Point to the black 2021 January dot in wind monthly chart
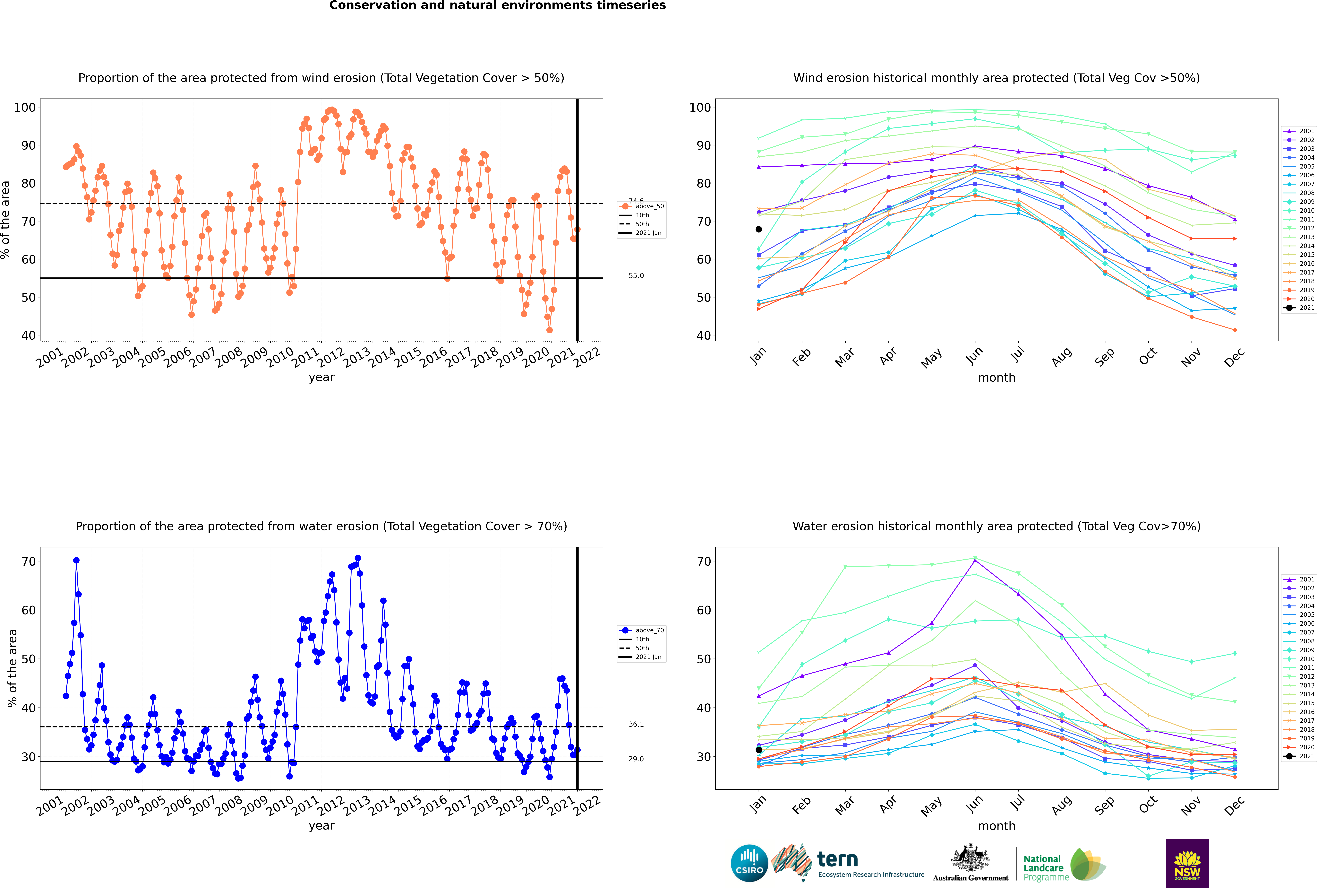pos(759,229)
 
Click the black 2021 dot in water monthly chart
pos(759,750)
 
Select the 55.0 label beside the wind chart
pos(636,276)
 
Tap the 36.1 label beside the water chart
pos(636,724)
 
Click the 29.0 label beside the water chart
pos(636,759)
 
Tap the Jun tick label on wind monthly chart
pos(974,356)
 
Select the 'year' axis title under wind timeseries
pos(321,377)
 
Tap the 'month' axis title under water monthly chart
pos(996,826)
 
